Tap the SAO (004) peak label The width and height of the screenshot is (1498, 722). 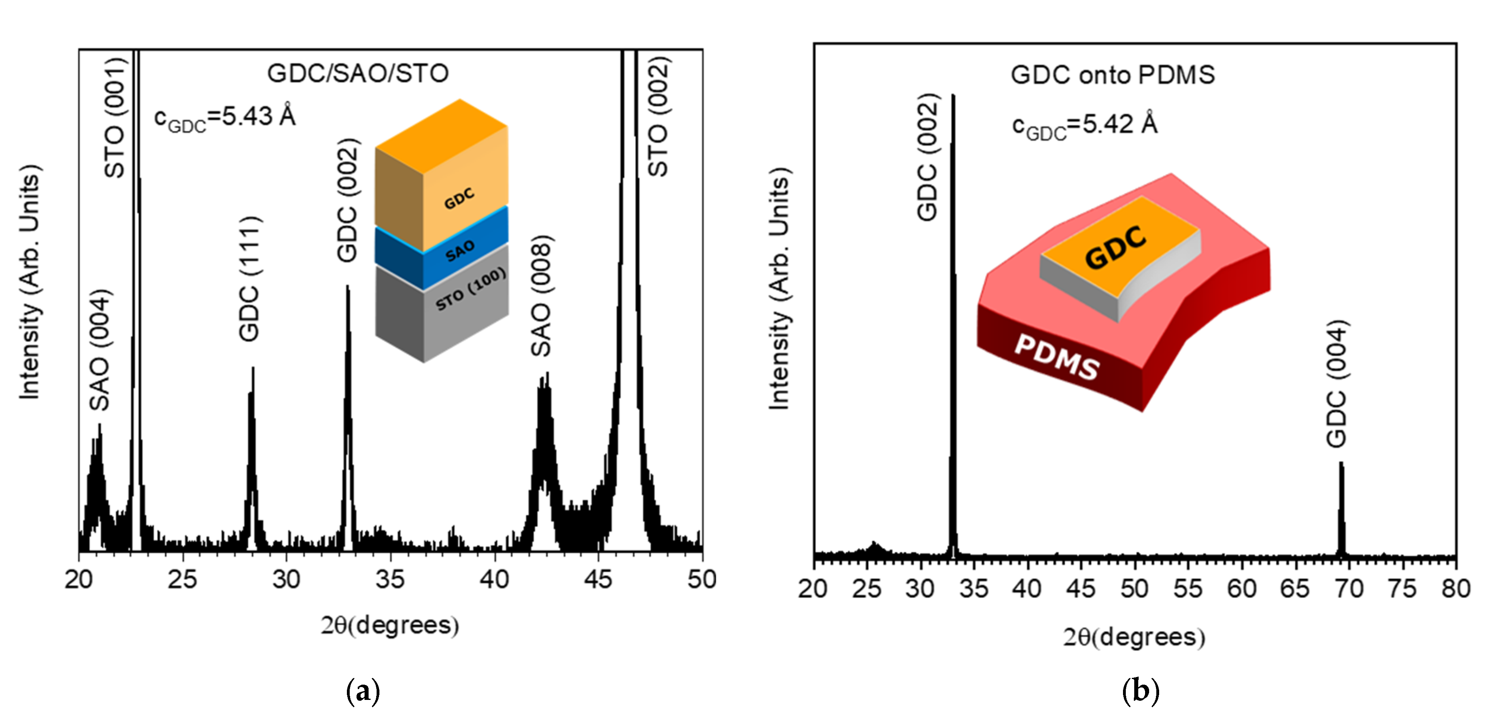[100, 350]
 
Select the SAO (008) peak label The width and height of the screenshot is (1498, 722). [540, 296]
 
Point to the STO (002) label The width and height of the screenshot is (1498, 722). [658, 117]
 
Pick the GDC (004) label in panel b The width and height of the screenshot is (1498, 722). [1336, 384]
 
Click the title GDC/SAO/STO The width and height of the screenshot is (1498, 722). [358, 73]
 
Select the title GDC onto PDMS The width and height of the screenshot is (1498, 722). [1113, 75]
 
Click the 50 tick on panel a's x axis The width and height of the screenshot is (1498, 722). [701, 579]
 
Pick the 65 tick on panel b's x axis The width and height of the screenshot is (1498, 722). [1294, 589]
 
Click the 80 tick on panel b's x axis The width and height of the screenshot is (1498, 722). [1455, 589]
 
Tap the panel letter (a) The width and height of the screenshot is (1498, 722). [363, 691]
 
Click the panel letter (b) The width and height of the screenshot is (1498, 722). [1140, 691]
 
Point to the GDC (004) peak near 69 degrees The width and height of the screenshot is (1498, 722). [1341, 506]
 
